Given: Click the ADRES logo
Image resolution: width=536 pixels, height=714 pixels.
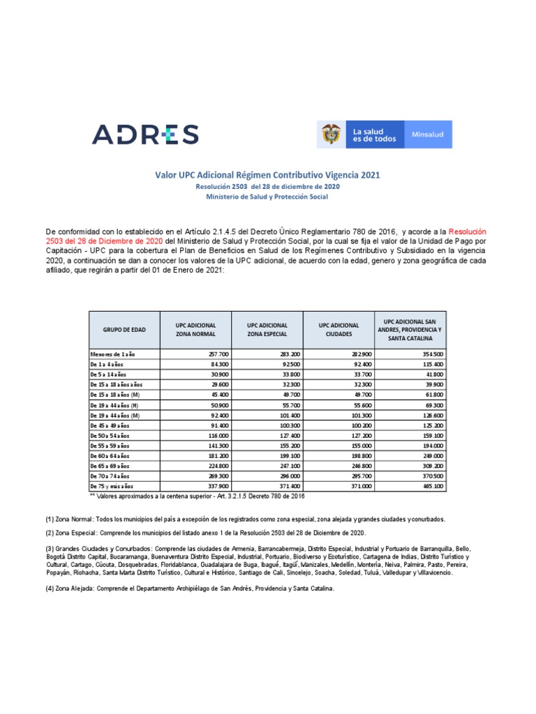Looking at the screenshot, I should point(145,135).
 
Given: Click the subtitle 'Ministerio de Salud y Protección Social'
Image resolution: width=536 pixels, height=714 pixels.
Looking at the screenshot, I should point(267,197).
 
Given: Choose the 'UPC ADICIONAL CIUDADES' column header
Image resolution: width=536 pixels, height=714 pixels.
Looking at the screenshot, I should point(338,329).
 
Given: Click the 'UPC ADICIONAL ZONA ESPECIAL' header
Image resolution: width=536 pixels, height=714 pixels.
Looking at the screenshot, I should point(267,329).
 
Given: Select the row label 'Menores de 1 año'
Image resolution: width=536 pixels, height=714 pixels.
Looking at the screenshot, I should point(112,354).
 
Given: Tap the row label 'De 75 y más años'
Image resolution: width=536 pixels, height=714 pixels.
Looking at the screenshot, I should point(112,485).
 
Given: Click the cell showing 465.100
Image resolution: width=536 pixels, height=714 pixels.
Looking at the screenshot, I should point(433,485).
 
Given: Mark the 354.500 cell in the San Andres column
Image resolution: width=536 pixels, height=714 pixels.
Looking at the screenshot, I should point(433,354).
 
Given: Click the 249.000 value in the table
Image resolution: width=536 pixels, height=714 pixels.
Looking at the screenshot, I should point(433,455).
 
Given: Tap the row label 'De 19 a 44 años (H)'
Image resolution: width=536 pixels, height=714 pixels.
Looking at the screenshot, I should point(116,404).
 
